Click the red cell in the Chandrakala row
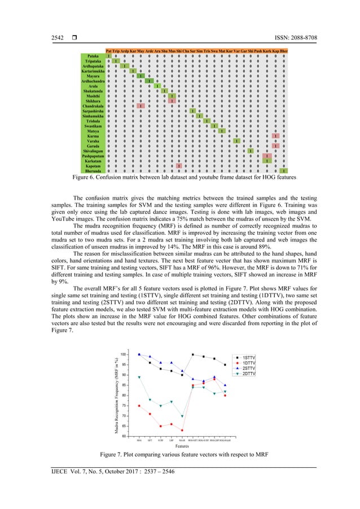[140, 106]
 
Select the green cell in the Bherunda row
[283, 171]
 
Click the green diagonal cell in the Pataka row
[108, 56]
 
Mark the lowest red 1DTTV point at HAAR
[182, 430]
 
